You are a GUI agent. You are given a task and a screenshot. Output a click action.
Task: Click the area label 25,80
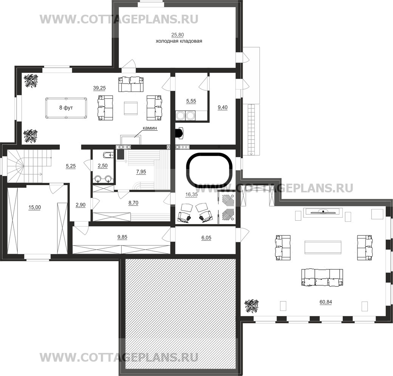(178, 35)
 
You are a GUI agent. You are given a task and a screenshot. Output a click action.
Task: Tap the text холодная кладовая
(179, 41)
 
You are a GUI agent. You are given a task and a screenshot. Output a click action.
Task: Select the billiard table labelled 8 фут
(66, 108)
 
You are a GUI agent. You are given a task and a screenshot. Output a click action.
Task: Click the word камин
(150, 128)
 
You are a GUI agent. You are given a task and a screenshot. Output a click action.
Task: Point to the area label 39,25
(99, 88)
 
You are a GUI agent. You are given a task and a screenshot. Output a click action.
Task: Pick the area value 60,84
(326, 302)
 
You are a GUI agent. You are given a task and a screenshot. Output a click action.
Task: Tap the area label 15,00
(35, 207)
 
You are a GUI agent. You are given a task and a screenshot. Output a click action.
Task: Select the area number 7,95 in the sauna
(141, 172)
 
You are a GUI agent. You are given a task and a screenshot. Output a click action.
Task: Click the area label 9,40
(223, 108)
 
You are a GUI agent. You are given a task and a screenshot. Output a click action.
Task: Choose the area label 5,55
(191, 101)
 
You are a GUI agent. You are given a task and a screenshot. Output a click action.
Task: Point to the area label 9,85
(122, 237)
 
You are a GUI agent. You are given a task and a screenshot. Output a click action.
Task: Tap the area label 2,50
(102, 166)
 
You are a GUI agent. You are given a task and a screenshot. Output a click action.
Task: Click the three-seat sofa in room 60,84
(322, 277)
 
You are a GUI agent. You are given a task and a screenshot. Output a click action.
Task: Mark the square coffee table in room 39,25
(131, 108)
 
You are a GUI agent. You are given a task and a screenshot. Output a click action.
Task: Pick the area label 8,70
(133, 203)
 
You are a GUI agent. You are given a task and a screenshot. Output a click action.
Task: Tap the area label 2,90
(80, 205)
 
